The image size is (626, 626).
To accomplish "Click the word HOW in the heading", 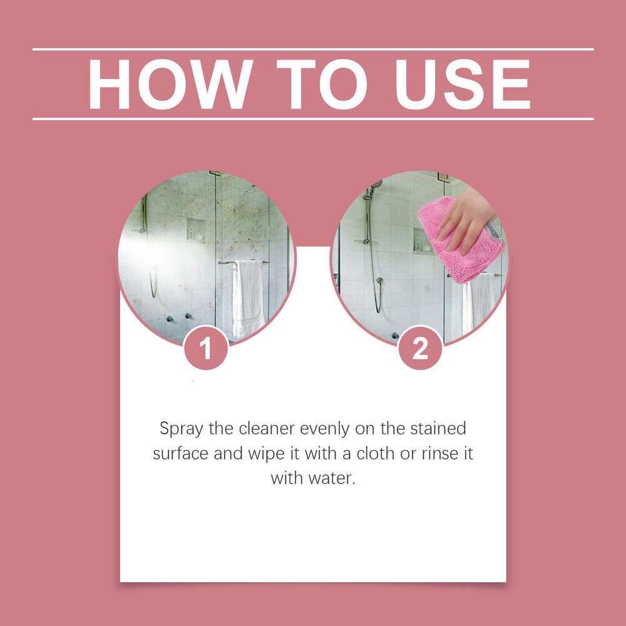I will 170,85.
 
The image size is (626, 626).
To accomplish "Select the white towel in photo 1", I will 248,297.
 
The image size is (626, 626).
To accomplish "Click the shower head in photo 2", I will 376,185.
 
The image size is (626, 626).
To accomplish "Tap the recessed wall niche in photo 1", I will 195,230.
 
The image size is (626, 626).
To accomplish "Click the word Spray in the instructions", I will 178,429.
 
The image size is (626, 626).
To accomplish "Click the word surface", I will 181,454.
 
